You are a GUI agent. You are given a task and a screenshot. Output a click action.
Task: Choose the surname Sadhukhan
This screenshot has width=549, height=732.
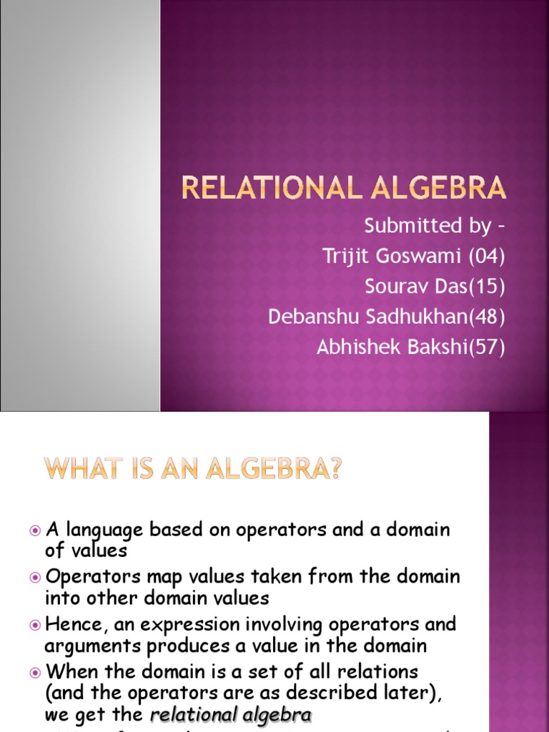(414, 317)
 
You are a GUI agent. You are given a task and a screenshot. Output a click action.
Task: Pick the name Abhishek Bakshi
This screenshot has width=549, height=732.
(387, 347)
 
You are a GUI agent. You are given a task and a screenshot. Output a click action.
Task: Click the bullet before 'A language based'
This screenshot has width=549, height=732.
(36, 530)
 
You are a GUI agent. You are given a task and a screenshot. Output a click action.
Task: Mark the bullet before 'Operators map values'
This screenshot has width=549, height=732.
(36, 577)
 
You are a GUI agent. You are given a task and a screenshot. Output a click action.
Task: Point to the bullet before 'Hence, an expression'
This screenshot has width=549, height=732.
(36, 625)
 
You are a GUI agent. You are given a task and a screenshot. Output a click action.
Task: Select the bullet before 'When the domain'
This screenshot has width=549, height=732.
(36, 673)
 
